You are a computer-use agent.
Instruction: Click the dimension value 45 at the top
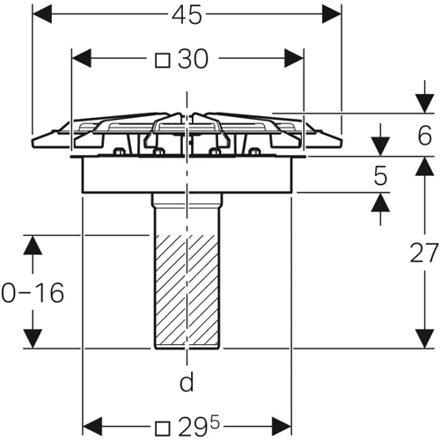click(x=187, y=15)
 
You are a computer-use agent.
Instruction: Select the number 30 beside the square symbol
click(x=194, y=59)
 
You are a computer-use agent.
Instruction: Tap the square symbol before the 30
click(x=163, y=61)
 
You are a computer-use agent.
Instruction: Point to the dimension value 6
click(x=425, y=136)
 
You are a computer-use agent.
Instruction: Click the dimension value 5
click(x=380, y=176)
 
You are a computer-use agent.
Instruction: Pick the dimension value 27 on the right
click(x=423, y=253)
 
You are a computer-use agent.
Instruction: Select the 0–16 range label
click(x=33, y=292)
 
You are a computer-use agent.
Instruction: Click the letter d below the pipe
click(x=187, y=382)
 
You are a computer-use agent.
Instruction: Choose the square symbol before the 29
click(x=163, y=429)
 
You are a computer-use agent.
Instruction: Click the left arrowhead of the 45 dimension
click(x=42, y=14)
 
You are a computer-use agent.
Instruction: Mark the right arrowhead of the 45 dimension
click(x=332, y=14)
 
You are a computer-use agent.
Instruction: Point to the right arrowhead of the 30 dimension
click(x=294, y=58)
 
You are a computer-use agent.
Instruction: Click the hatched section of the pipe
click(x=187, y=290)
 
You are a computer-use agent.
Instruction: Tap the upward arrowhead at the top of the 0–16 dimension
click(x=33, y=245)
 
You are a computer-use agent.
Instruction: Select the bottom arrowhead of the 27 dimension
click(x=425, y=339)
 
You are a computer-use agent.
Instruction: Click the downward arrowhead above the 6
click(x=425, y=103)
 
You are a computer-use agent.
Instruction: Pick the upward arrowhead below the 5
click(x=380, y=202)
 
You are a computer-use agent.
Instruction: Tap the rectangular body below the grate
click(x=187, y=175)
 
